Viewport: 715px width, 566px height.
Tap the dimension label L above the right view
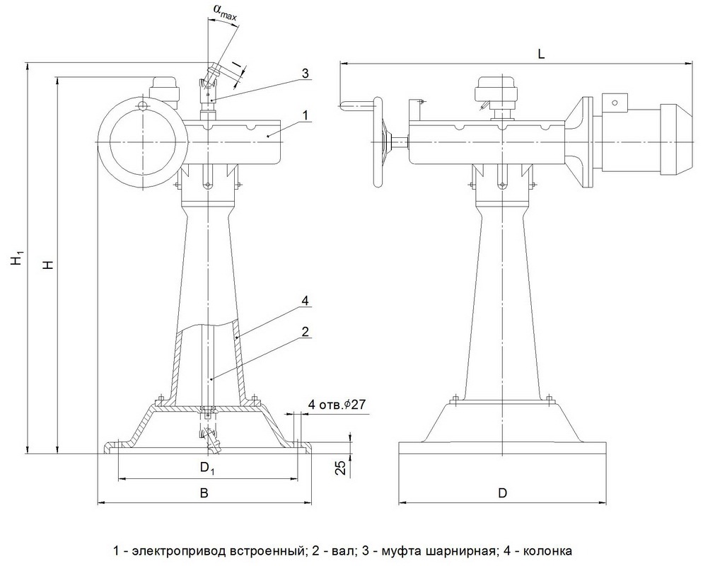(x=541, y=54)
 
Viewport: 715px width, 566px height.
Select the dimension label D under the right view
(x=502, y=493)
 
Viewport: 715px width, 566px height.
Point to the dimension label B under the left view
(x=205, y=492)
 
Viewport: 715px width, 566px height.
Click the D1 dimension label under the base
(x=207, y=468)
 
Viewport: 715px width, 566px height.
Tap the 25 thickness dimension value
(x=340, y=468)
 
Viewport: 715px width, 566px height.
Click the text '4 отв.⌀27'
(x=337, y=404)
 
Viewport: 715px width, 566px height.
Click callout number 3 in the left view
(x=306, y=74)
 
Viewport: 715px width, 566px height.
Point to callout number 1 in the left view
(x=306, y=115)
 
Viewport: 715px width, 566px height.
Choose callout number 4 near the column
(x=305, y=301)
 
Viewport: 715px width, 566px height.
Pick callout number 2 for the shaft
(x=305, y=332)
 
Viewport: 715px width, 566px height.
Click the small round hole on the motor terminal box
(x=615, y=103)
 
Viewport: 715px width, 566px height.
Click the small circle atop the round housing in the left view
(x=144, y=106)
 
